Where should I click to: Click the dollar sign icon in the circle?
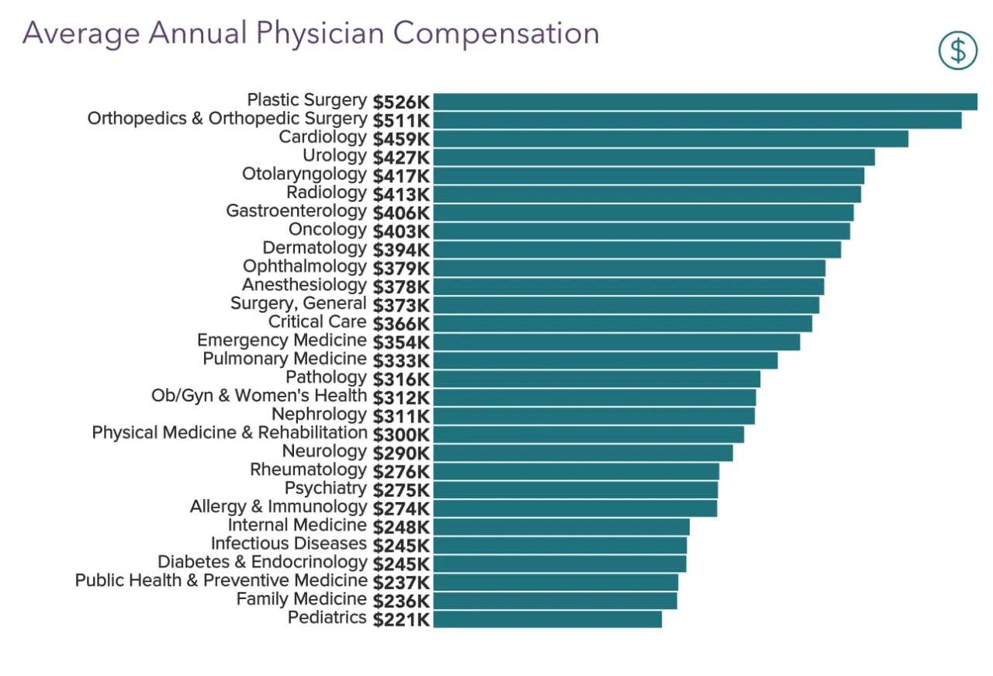tap(958, 50)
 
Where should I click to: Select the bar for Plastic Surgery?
tap(704, 102)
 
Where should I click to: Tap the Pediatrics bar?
tap(547, 619)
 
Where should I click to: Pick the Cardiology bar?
tap(670, 138)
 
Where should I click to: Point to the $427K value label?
tap(401, 158)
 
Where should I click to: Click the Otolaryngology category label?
tap(303, 174)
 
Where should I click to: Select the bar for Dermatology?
tap(636, 249)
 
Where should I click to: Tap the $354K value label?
tap(401, 342)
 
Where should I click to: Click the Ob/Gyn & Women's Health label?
tap(259, 396)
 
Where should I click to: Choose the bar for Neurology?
tap(583, 452)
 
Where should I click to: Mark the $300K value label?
tap(401, 435)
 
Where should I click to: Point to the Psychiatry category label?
tap(325, 488)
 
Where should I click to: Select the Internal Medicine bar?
tap(561, 526)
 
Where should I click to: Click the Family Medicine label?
tap(301, 599)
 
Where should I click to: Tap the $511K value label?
tap(401, 121)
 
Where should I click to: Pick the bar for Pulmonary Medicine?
tap(605, 360)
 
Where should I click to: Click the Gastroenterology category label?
tap(296, 211)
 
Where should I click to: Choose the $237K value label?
tap(401, 582)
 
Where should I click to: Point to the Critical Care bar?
tap(622, 323)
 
